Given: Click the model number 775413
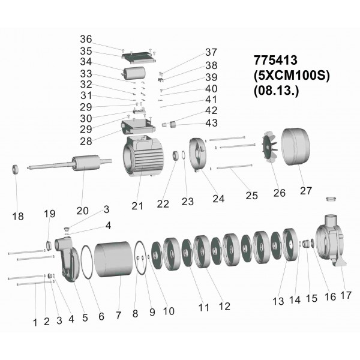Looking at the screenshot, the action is [275, 60].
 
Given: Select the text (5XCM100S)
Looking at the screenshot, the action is [292, 76].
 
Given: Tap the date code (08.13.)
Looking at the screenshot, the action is [277, 91].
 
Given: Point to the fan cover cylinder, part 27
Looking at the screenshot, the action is [295, 146].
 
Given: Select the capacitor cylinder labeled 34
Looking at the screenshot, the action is [134, 73].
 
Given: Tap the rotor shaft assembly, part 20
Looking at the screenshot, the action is [70, 163].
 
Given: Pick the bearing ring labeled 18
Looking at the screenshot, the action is [15, 169].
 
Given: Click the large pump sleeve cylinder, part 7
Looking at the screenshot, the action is [114, 259].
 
